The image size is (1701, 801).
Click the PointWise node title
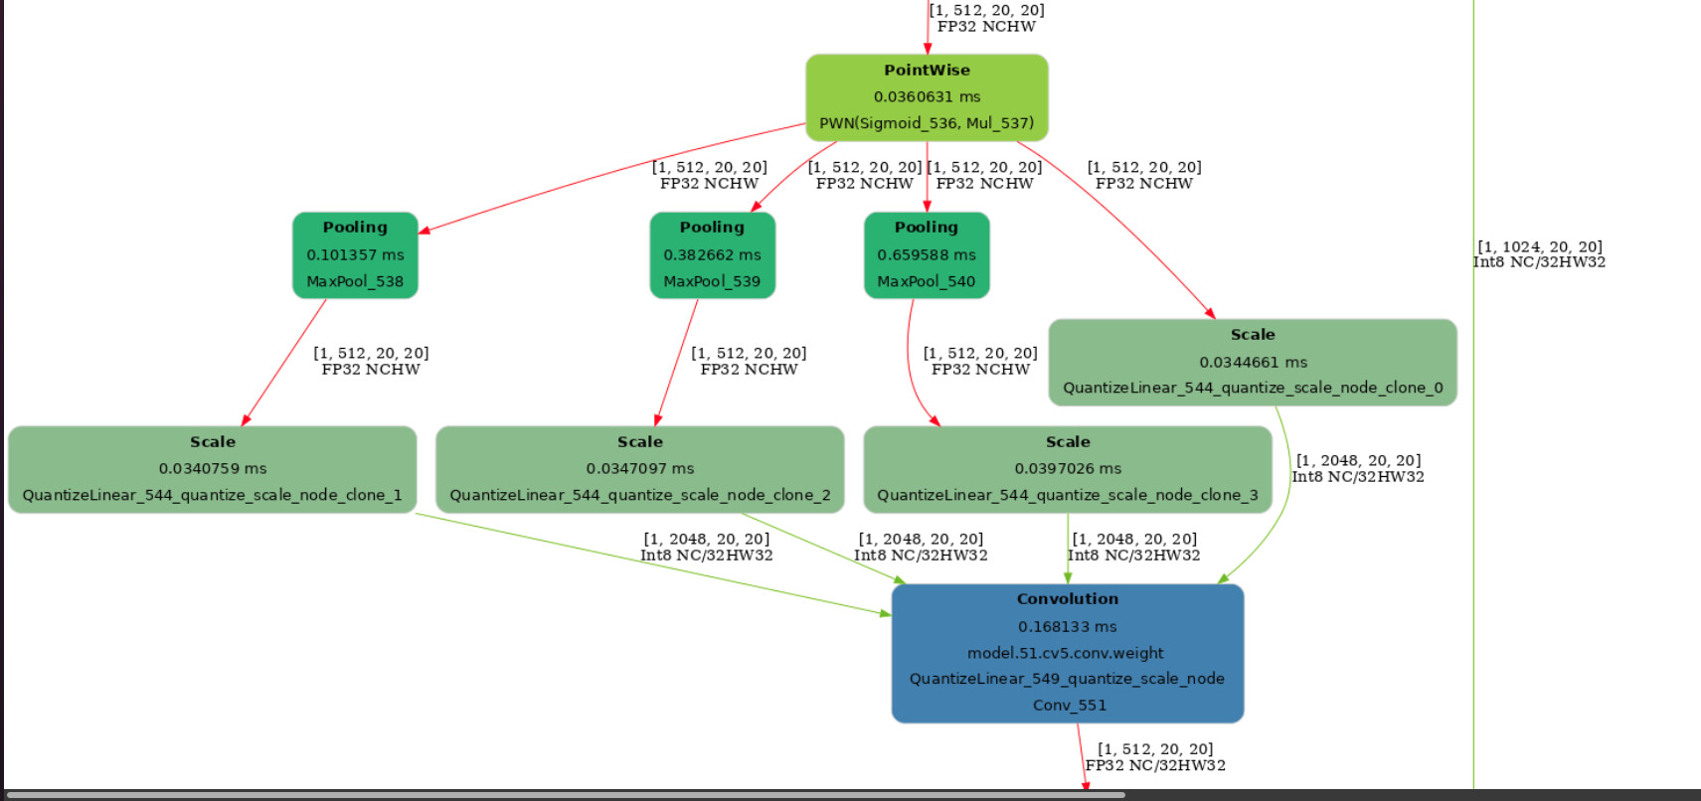click(x=927, y=71)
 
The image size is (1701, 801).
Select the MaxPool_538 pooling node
click(x=355, y=255)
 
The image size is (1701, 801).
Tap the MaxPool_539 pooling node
click(x=712, y=255)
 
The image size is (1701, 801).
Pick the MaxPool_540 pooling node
click(x=927, y=255)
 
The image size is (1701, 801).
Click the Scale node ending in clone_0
click(x=1253, y=363)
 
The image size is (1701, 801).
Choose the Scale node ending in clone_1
click(x=213, y=469)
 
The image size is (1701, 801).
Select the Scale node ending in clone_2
click(x=640, y=469)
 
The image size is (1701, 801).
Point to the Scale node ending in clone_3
click(x=1068, y=469)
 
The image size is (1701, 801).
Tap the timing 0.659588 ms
click(x=927, y=255)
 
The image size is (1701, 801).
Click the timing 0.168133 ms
click(x=1068, y=627)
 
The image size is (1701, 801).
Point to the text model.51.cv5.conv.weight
click(x=1066, y=653)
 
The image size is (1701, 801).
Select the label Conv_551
click(x=1070, y=706)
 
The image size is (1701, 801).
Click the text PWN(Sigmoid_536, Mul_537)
click(x=927, y=123)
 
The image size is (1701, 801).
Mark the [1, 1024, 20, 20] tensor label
click(x=1540, y=247)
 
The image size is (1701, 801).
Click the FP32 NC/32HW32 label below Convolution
click(x=1155, y=765)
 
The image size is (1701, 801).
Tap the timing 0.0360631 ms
click(x=927, y=97)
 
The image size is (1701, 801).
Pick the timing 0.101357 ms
click(x=355, y=255)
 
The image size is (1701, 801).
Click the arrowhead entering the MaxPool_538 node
click(x=425, y=232)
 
